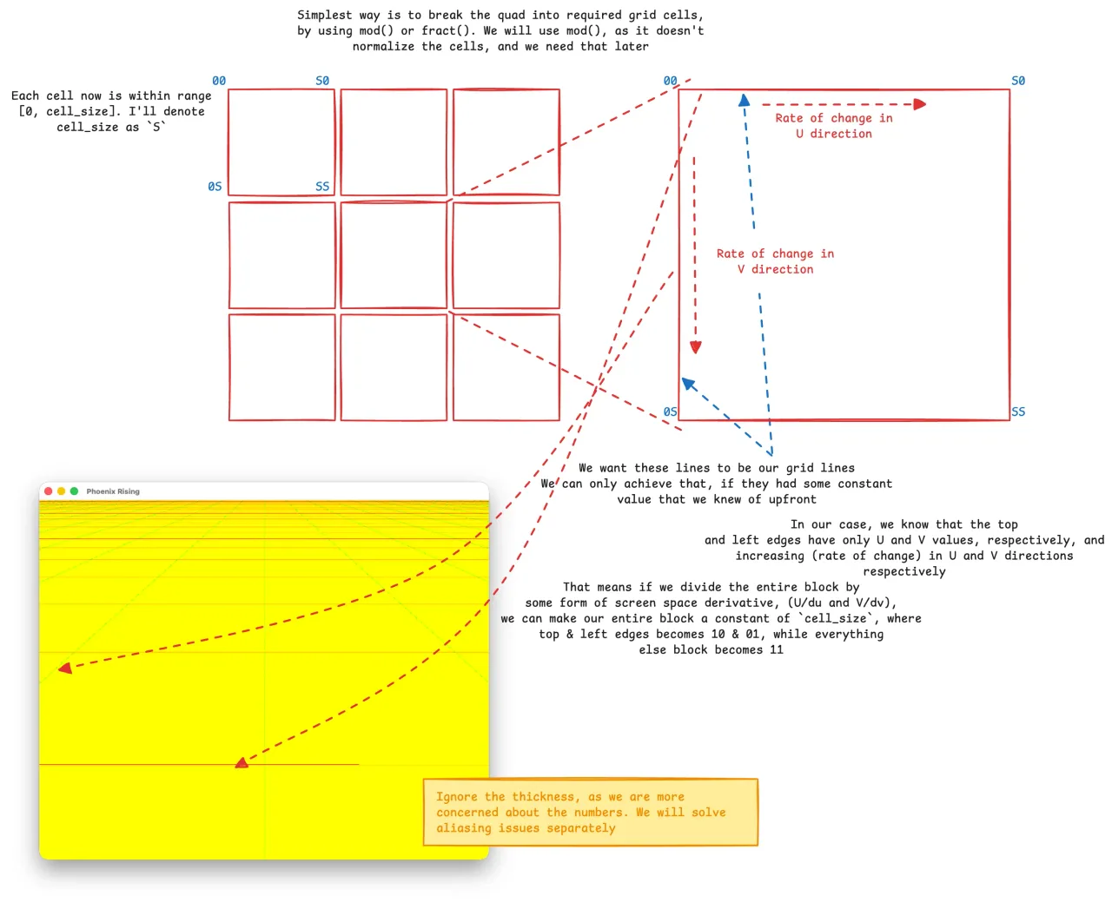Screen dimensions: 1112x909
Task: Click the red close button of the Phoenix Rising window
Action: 49,491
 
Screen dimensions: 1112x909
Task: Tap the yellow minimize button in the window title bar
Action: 61,491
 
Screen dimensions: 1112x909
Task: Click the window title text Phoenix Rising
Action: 113,491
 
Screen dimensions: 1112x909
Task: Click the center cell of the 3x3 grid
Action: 394,254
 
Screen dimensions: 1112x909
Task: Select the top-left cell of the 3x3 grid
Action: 281,142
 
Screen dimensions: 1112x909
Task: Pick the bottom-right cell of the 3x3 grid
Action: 506,367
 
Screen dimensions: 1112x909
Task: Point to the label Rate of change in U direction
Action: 834,125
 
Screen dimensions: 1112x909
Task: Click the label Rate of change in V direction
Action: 775,260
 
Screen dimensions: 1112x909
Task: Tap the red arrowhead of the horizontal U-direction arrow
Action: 919,104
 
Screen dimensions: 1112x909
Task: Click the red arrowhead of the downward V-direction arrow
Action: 696,346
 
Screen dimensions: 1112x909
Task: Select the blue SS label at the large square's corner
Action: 1018,411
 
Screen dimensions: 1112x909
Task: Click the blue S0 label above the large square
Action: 1018,81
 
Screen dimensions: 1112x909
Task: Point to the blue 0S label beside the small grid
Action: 215,187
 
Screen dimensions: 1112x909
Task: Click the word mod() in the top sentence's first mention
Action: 376,30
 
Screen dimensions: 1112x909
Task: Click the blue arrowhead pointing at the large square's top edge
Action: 744,100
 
